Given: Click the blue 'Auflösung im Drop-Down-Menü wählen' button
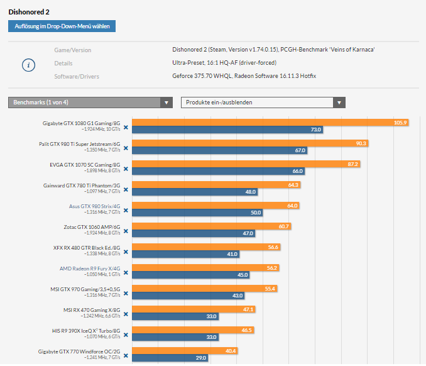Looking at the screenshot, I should click(x=62, y=26).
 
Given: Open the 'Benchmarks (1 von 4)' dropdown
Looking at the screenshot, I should click(x=90, y=103).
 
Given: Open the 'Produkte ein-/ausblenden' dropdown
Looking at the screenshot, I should click(x=263, y=103).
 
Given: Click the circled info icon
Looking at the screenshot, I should click(x=30, y=65).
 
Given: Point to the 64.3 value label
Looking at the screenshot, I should click(x=293, y=185).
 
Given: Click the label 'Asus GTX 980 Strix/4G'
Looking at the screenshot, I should click(x=94, y=206).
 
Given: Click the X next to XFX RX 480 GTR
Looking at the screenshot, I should click(x=126, y=252).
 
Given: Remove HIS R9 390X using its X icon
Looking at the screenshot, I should click(x=126, y=335).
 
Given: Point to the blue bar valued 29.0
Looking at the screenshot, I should click(x=170, y=358).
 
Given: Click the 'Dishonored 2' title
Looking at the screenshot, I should click(x=28, y=11).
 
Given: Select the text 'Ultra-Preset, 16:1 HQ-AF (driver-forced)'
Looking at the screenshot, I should click(x=224, y=63).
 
